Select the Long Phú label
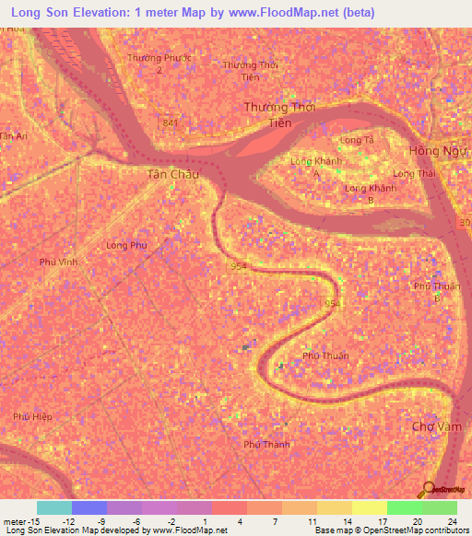pos(127,245)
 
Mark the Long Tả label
pos(356,139)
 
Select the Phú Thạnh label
pos(265,444)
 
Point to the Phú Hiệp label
pos(32,416)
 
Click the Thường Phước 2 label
pos(159,63)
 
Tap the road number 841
pos(169,122)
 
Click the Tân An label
pos(14,136)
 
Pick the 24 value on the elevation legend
pos(453,520)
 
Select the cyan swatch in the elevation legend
pos(53,507)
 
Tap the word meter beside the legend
pos(16,520)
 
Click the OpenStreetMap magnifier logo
pos(427,490)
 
